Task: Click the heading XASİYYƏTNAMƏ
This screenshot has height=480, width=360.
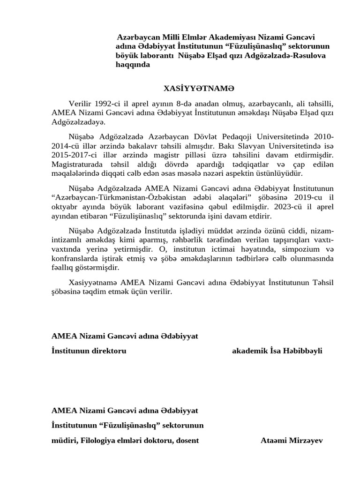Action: (x=198, y=88)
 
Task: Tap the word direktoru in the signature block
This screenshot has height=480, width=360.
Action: (x=109, y=351)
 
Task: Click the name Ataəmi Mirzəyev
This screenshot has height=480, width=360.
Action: (x=292, y=440)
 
